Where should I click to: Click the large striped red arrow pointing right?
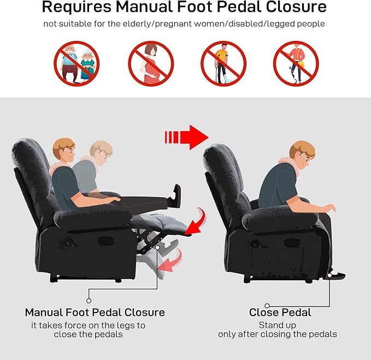[185, 136]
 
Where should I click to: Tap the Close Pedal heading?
[280, 312]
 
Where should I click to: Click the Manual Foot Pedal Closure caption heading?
[95, 312]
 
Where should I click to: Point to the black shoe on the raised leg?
[176, 192]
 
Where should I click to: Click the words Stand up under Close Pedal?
[278, 326]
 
